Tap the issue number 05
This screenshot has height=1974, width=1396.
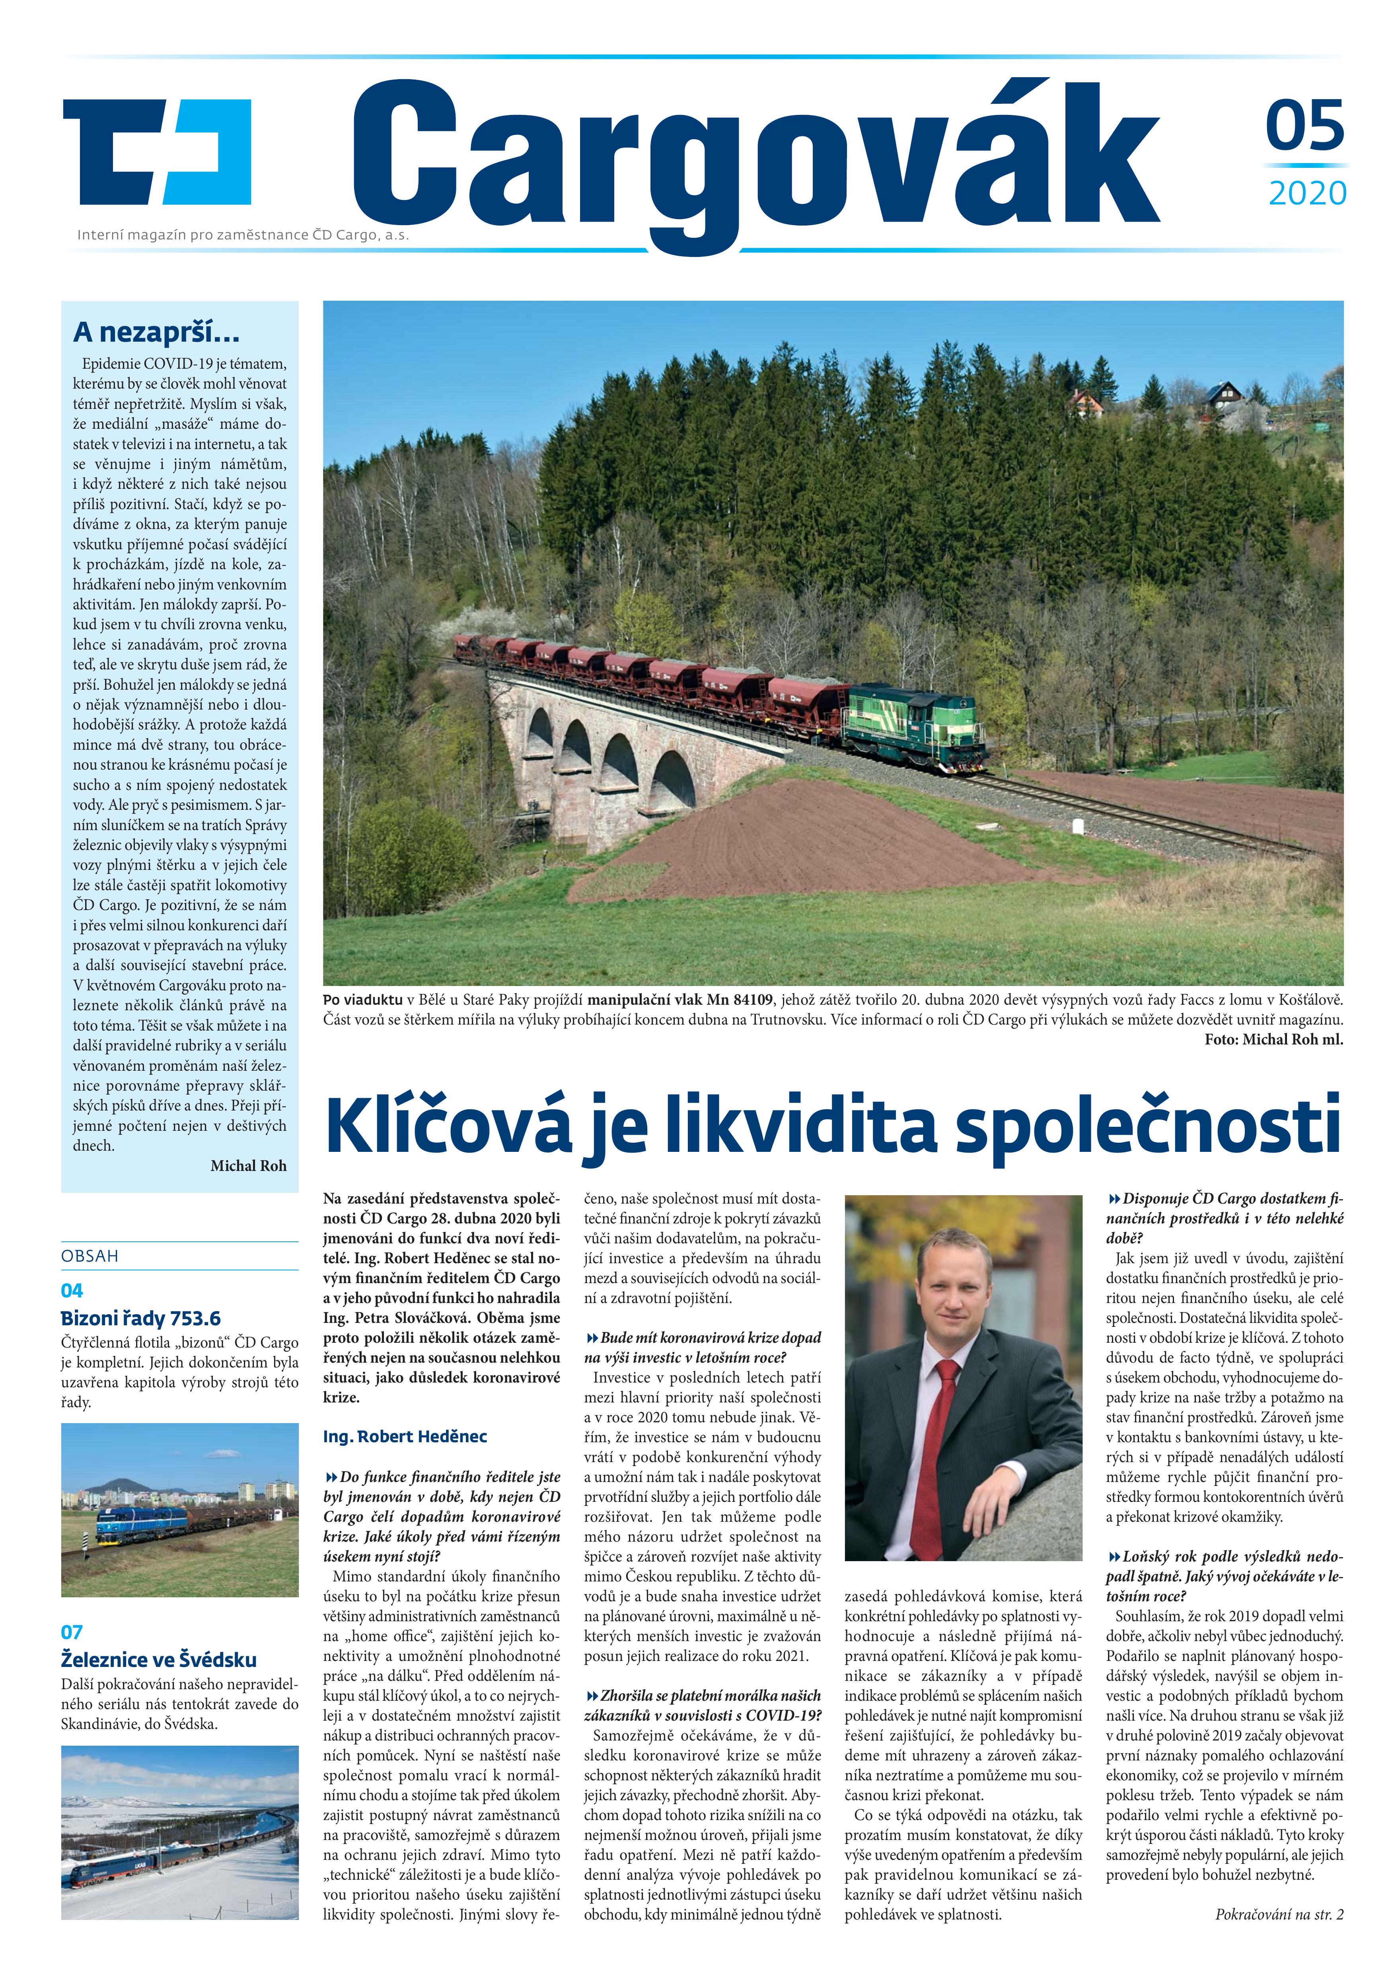[1304, 126]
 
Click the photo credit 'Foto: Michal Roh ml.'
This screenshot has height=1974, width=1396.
[1273, 1039]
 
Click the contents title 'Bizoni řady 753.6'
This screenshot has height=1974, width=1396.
[140, 1318]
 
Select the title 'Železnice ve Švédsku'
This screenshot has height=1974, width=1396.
[158, 1659]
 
